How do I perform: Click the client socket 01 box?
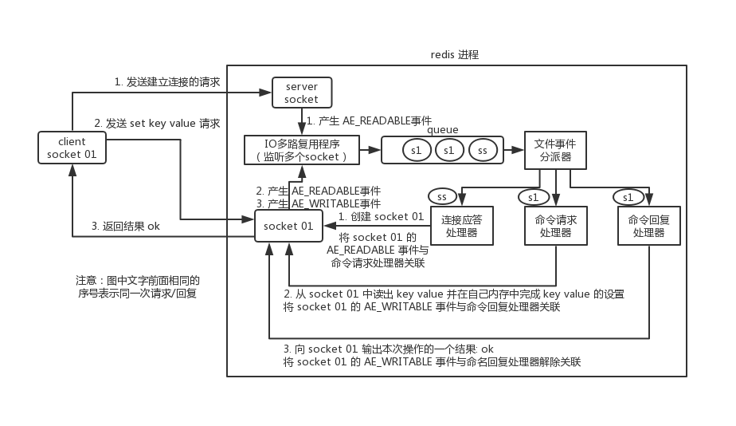pyautogui.click(x=72, y=148)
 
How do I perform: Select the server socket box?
pyautogui.click(x=301, y=93)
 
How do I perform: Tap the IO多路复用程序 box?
pyautogui.click(x=301, y=150)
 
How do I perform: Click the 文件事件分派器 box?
pyautogui.click(x=555, y=150)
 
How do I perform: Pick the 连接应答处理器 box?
pyautogui.click(x=461, y=226)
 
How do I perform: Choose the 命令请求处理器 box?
pyautogui.click(x=555, y=226)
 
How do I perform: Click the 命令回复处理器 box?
pyautogui.click(x=648, y=226)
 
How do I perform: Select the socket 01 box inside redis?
pyautogui.click(x=288, y=226)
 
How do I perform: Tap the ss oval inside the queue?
pyautogui.click(x=483, y=149)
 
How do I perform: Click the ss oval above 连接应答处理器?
pyautogui.click(x=441, y=195)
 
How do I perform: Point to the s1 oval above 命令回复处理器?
pyautogui.click(x=628, y=196)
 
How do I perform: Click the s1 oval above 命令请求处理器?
pyautogui.click(x=533, y=196)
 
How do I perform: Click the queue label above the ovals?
pyautogui.click(x=442, y=129)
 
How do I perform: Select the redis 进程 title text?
pyautogui.click(x=455, y=54)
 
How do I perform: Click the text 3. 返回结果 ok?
pyautogui.click(x=126, y=226)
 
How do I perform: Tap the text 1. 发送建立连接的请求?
pyautogui.click(x=167, y=81)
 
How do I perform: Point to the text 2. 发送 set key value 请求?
pyautogui.click(x=157, y=123)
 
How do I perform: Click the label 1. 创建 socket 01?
pyautogui.click(x=381, y=216)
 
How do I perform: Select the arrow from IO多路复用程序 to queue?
pyautogui.click(x=370, y=149)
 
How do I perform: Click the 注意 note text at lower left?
pyautogui.click(x=137, y=286)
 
